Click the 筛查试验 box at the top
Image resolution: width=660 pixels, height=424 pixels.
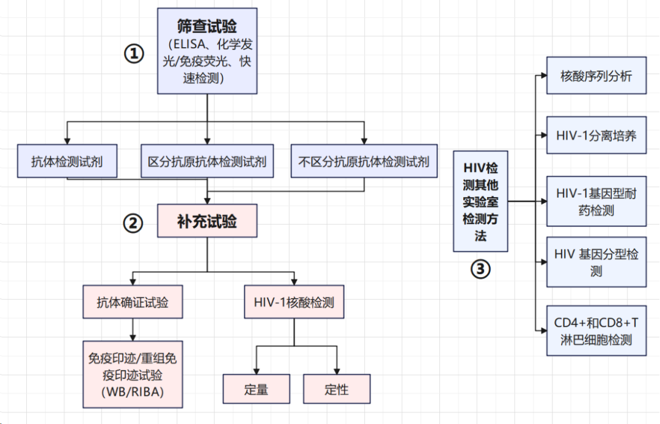(207, 51)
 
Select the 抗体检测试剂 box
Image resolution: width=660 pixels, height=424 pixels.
(67, 162)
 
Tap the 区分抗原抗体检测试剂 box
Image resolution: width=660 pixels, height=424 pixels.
(207, 162)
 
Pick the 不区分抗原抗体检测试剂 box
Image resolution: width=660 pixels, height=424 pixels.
(364, 162)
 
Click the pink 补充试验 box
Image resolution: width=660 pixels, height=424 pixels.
(207, 221)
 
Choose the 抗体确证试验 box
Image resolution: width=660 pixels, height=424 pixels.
(133, 302)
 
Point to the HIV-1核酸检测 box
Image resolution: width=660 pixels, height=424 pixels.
(294, 302)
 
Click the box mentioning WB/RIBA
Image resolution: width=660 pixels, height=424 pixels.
(133, 374)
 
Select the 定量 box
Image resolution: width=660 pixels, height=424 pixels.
(255, 390)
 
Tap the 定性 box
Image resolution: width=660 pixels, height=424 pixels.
(337, 390)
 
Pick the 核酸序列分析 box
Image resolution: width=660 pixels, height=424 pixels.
(596, 76)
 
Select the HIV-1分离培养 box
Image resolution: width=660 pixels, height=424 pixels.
(596, 135)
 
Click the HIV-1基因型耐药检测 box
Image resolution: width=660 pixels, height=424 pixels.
(596, 202)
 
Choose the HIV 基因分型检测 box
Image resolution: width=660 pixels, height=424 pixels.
(596, 262)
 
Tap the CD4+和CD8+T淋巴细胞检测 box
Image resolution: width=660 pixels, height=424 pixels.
(596, 330)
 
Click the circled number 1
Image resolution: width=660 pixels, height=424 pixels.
(134, 54)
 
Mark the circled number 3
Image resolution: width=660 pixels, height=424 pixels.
(480, 269)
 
